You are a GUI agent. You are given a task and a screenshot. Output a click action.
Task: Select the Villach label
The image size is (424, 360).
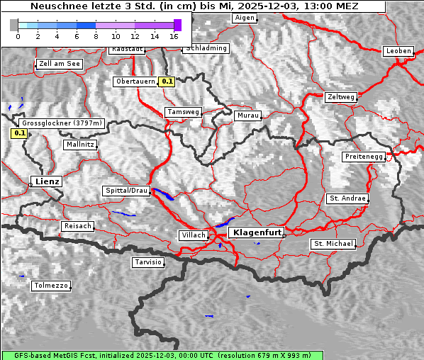(193, 235)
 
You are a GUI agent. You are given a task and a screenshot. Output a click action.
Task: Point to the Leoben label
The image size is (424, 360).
(398, 51)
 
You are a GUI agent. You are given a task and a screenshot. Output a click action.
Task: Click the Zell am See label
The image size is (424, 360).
(59, 64)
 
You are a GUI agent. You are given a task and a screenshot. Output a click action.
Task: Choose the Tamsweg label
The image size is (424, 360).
(183, 112)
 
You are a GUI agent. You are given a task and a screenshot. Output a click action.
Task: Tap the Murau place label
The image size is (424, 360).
(248, 115)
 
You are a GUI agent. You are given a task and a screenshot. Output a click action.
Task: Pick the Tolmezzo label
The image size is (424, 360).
(51, 286)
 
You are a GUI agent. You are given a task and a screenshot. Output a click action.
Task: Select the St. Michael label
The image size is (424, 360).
(333, 244)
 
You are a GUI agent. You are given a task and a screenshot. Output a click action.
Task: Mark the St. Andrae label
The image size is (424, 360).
(347, 198)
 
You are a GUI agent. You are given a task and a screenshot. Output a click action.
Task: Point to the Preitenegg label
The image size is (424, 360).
(364, 156)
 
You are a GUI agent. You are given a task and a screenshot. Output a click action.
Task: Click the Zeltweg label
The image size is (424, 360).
(340, 96)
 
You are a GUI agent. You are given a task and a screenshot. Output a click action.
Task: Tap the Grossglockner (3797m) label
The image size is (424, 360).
(62, 123)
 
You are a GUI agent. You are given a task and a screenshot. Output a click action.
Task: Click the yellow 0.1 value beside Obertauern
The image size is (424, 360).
(167, 81)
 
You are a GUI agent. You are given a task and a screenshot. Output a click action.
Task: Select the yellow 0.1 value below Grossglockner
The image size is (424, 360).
(20, 133)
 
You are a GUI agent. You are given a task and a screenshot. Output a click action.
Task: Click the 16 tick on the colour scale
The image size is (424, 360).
(174, 35)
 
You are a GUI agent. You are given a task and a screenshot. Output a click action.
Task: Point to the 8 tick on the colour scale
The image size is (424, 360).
(96, 35)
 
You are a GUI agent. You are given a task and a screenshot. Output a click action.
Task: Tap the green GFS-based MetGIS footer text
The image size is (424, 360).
(162, 355)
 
